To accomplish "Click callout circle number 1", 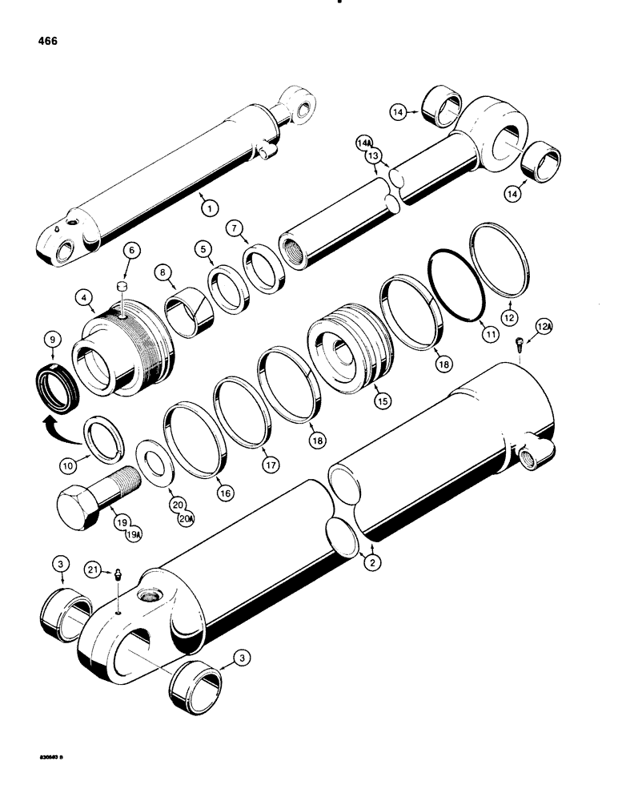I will click(x=208, y=207).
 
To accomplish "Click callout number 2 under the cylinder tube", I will click(x=371, y=562).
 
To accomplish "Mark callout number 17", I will click(x=265, y=461).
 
